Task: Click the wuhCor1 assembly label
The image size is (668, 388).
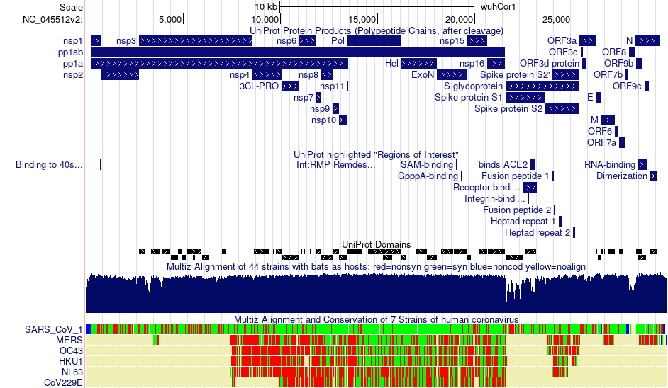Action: coord(499,6)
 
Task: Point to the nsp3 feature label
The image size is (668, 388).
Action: coord(126,41)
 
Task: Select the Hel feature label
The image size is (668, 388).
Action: coord(391,64)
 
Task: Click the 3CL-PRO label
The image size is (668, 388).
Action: coord(259,86)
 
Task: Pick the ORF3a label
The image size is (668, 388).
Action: coord(562,41)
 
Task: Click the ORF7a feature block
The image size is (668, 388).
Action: coord(623,143)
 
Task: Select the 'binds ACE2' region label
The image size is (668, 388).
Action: coord(503,165)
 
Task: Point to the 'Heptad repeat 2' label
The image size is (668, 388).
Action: coord(538,233)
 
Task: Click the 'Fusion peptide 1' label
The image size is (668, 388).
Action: coord(515,176)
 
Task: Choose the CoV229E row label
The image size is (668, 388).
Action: coord(63,383)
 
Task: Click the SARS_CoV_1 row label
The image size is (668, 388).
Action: coord(53,330)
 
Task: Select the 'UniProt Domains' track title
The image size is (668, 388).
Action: coord(376,245)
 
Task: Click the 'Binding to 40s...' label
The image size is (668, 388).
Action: coord(49,165)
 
